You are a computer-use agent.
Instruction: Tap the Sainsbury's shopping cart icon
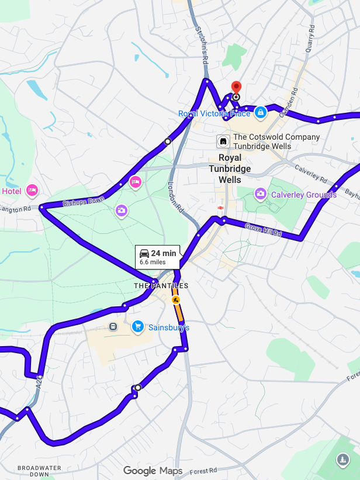click(138, 326)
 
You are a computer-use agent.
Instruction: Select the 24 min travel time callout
click(158, 256)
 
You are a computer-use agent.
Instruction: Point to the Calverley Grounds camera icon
click(260, 193)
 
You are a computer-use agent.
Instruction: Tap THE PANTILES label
click(161, 286)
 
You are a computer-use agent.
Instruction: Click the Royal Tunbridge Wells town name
click(234, 168)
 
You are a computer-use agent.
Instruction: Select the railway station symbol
click(221, 206)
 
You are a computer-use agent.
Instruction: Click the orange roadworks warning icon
click(175, 300)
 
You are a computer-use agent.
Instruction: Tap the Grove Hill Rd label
click(263, 230)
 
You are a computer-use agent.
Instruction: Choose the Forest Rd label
click(203, 470)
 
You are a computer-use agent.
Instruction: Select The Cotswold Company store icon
click(223, 141)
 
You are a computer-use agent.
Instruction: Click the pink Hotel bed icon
click(32, 190)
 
